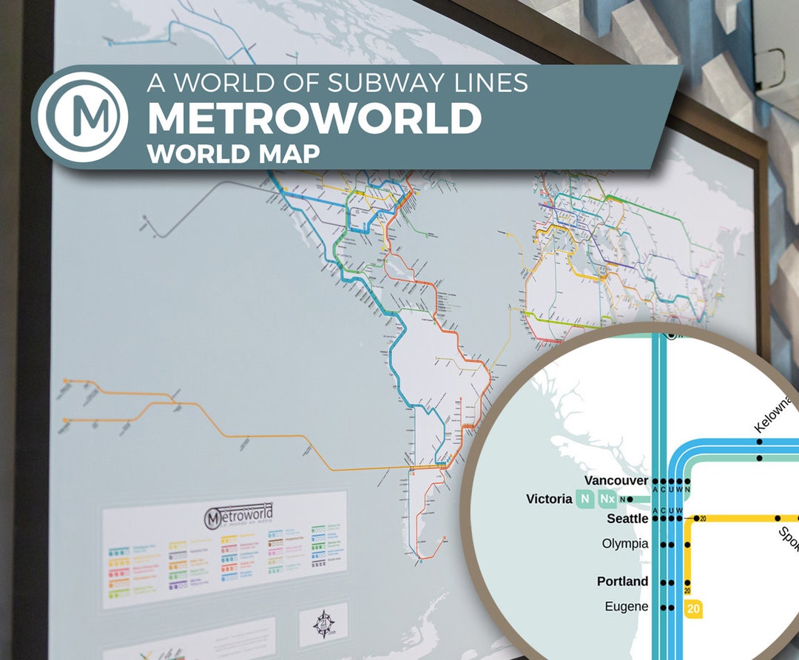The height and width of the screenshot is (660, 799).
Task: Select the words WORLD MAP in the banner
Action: (x=233, y=153)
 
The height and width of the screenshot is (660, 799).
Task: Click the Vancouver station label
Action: (x=616, y=480)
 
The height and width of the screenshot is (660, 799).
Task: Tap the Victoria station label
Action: (x=549, y=499)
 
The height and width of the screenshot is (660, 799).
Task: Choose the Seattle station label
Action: (x=627, y=519)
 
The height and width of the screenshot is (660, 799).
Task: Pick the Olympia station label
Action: (x=625, y=544)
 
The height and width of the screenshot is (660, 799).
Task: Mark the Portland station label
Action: (x=622, y=582)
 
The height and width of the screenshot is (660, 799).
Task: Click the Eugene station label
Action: (x=626, y=607)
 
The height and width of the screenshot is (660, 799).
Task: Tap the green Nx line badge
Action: (x=607, y=499)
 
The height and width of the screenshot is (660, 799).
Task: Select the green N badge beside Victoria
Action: (x=584, y=499)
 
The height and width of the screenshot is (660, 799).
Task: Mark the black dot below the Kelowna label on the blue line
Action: (x=760, y=442)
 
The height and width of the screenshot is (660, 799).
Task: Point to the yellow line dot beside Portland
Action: (x=688, y=582)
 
